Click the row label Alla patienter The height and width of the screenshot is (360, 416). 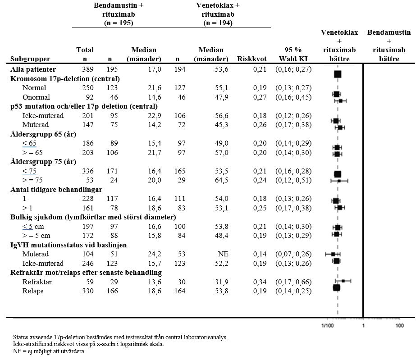[33, 69]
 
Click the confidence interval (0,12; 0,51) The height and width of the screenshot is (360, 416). [293, 180]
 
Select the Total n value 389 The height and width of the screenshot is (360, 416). [87, 69]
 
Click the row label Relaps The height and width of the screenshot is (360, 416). [33, 291]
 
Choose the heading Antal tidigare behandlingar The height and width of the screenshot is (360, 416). [56, 189]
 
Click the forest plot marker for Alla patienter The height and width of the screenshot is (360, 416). [338, 74]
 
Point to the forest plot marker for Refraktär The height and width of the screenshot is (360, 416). [343, 281]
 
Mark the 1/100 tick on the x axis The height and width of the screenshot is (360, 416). [328, 325]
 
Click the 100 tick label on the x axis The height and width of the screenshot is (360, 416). [399, 325]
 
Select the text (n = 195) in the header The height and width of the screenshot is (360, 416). [119, 23]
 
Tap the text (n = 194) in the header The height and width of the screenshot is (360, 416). [218, 23]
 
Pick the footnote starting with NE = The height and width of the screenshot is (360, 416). [49, 351]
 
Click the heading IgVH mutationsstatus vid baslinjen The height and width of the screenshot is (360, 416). [69, 245]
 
